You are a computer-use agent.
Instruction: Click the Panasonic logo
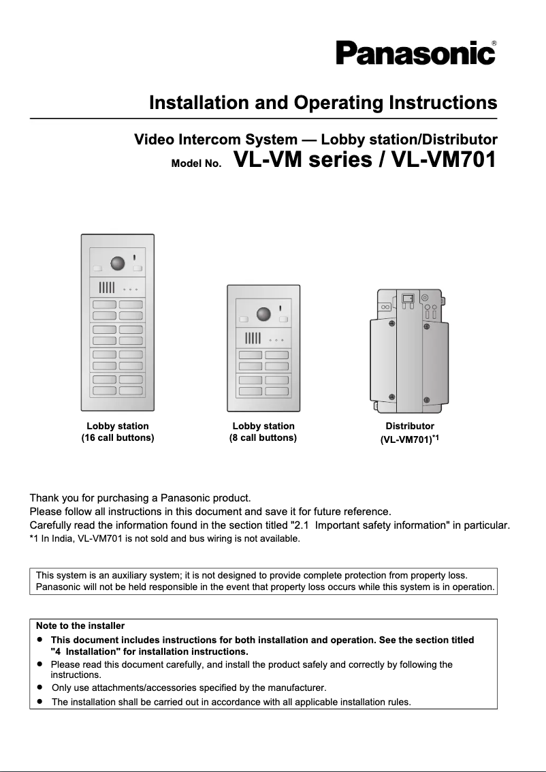tap(414, 53)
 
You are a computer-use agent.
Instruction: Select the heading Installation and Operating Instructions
tap(323, 104)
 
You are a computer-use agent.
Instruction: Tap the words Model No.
tap(196, 164)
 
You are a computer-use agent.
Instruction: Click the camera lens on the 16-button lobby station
tap(118, 264)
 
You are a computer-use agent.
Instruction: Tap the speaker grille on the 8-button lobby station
tap(253, 338)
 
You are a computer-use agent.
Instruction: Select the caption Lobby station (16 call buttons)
tap(118, 432)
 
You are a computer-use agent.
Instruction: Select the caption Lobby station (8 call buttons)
tap(263, 432)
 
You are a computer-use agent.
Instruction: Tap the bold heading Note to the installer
tap(80, 626)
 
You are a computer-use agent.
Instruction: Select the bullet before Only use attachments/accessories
tap(40, 687)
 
